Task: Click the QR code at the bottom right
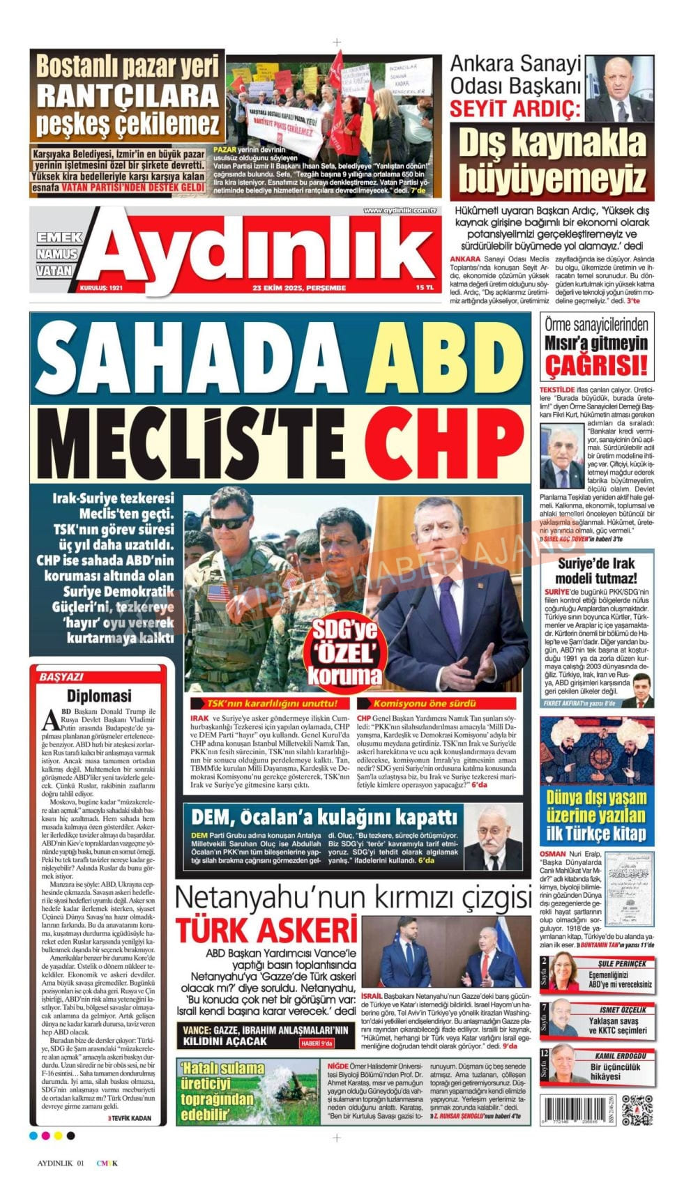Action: click(x=637, y=1110)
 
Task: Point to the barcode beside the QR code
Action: click(x=578, y=1110)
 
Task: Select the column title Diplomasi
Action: click(x=99, y=696)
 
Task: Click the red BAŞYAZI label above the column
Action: click(x=61, y=677)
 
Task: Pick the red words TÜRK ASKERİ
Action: click(x=266, y=931)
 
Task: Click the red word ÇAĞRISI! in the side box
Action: click(x=596, y=365)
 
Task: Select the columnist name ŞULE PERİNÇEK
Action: click(x=621, y=964)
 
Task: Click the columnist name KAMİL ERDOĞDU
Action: click(x=620, y=1055)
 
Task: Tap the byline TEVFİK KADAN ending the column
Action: click(x=130, y=1117)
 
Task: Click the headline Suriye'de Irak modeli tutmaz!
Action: click(x=596, y=571)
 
